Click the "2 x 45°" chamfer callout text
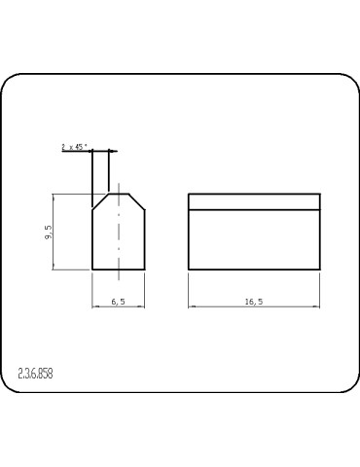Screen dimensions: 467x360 pos(74,146)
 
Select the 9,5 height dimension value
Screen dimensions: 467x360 pos(49,232)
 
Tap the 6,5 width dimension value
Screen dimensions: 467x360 pos(119,303)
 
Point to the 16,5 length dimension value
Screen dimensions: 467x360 pos(253,303)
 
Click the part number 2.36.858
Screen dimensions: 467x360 pos(36,374)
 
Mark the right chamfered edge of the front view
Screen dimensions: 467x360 pos(138,201)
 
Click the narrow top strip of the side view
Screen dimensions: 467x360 pos(253,201)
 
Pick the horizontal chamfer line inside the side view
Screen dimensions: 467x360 pos(253,209)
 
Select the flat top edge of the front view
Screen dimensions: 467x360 pos(119,194)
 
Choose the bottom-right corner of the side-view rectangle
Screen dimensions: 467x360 pos(320,270)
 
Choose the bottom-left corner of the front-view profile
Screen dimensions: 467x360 pos(91,270)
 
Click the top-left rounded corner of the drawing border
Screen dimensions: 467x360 pos(10,83)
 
